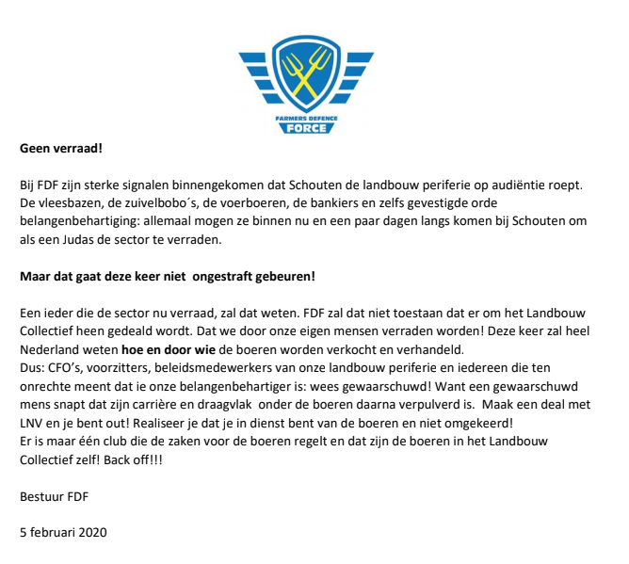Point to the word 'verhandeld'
tap(409, 349)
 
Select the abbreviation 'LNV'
tap(33, 422)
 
